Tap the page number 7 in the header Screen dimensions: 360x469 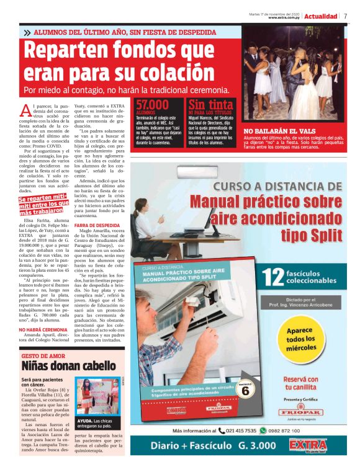(x=345, y=16)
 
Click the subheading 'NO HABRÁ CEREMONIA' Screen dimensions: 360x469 (x=43, y=330)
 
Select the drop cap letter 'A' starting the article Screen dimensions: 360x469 (x=25, y=110)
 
